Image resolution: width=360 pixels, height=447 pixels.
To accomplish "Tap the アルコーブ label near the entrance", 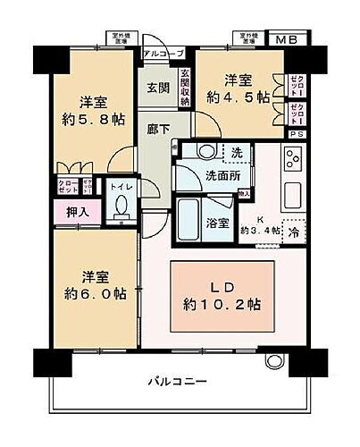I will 161,54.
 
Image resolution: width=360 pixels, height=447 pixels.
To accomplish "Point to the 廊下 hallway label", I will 158,128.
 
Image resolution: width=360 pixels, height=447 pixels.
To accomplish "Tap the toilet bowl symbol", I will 121,207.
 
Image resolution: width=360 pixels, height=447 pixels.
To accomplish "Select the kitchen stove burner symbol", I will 293,163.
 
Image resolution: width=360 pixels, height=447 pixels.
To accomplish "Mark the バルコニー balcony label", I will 179,382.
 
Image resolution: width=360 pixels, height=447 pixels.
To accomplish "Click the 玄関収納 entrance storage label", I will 185,88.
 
